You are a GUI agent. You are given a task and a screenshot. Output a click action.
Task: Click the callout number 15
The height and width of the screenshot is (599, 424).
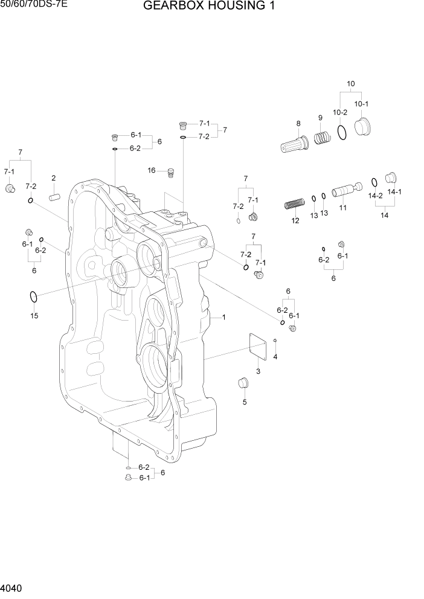pos(34,316)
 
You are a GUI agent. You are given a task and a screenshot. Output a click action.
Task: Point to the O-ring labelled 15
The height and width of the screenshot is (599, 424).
pos(34,297)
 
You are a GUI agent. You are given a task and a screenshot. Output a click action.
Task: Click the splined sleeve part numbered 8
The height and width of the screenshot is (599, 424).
pos(295,146)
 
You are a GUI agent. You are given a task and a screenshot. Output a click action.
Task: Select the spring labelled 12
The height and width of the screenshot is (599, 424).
pos(293,205)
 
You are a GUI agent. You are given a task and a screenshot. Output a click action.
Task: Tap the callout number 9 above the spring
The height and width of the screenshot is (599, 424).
pos(320,117)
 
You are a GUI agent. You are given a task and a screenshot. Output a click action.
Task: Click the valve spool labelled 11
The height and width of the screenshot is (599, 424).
pos(345,191)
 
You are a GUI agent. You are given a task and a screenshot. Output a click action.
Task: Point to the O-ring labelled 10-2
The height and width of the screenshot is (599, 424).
pos(342,132)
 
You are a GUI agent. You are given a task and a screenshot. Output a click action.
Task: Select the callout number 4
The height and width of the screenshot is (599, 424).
pos(275,357)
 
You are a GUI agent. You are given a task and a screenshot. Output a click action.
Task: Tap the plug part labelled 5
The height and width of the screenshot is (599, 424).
pos(243,383)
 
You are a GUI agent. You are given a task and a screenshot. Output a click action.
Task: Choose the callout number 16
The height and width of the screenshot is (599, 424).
pos(152,170)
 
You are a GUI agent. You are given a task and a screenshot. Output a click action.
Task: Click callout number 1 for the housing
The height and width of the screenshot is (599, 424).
pos(223,316)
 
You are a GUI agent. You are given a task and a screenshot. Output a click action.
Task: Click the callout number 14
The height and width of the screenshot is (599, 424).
pos(384,215)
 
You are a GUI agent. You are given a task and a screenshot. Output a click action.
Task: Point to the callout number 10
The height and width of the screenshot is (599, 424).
pos(350,83)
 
